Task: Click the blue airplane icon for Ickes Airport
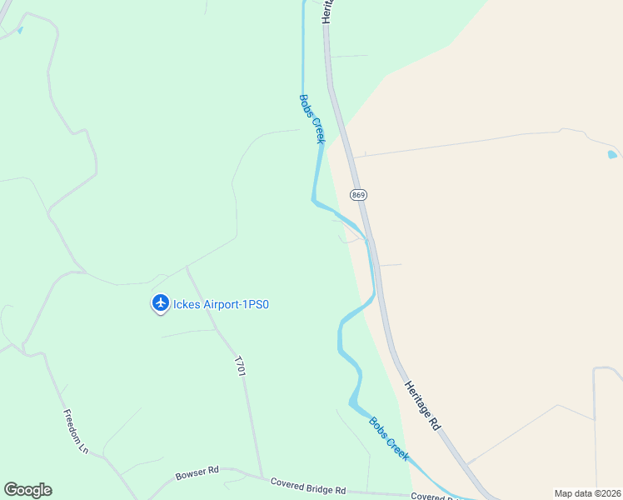160,303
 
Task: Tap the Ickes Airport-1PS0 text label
221,304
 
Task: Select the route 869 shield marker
358,195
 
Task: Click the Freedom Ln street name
76,431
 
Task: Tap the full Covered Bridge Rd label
307,485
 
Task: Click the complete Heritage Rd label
422,405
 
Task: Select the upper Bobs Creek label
311,118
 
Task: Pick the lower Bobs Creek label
389,438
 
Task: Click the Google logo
27,490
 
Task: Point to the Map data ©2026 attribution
588,493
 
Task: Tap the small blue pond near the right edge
612,154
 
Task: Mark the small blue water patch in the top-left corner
19,31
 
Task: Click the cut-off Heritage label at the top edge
326,12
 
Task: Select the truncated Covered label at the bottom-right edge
433,497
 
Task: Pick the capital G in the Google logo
11,490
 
